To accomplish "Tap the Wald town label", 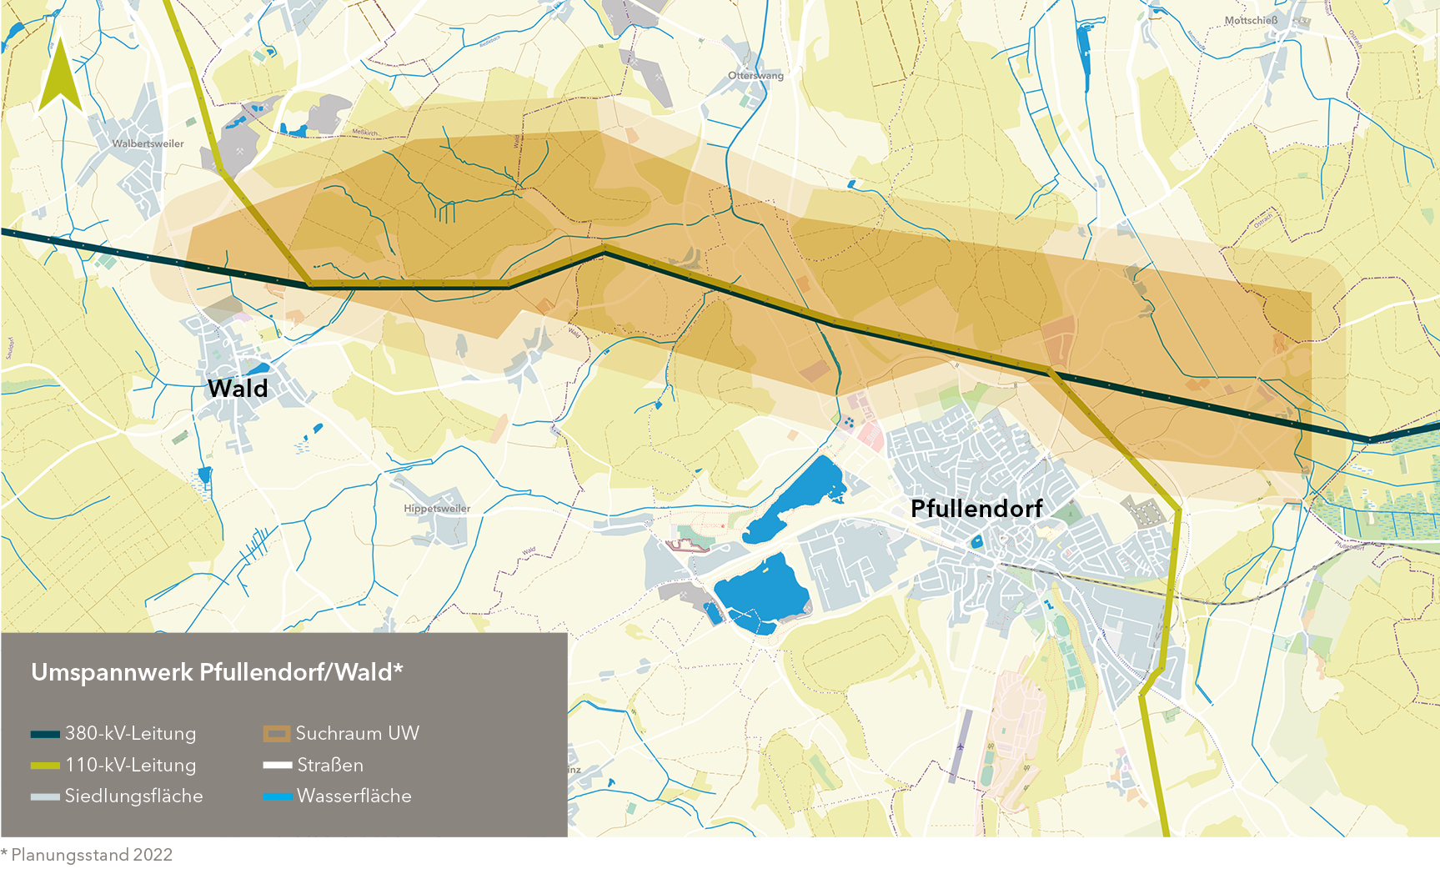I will point(238,389).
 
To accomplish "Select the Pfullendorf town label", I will point(976,509).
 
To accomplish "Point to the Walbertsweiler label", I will point(148,143).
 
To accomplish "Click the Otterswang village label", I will point(755,76).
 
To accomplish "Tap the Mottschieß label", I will point(1251,21).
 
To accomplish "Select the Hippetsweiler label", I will point(437,509).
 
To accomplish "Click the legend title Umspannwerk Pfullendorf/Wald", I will point(217,672).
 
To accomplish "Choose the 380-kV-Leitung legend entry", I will point(130,734).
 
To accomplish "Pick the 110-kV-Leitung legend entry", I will point(130,765).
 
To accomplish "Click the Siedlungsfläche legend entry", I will point(133,796).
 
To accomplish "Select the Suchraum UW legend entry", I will point(357,734).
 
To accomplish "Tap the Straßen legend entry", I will point(330,765).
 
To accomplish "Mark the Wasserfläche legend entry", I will point(354,796).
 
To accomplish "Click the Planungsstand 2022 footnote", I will point(88,855).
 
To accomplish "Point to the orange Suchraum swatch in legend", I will point(277,734).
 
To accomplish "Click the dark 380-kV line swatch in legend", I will point(45,735).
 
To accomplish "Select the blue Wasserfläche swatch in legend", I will point(277,797).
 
